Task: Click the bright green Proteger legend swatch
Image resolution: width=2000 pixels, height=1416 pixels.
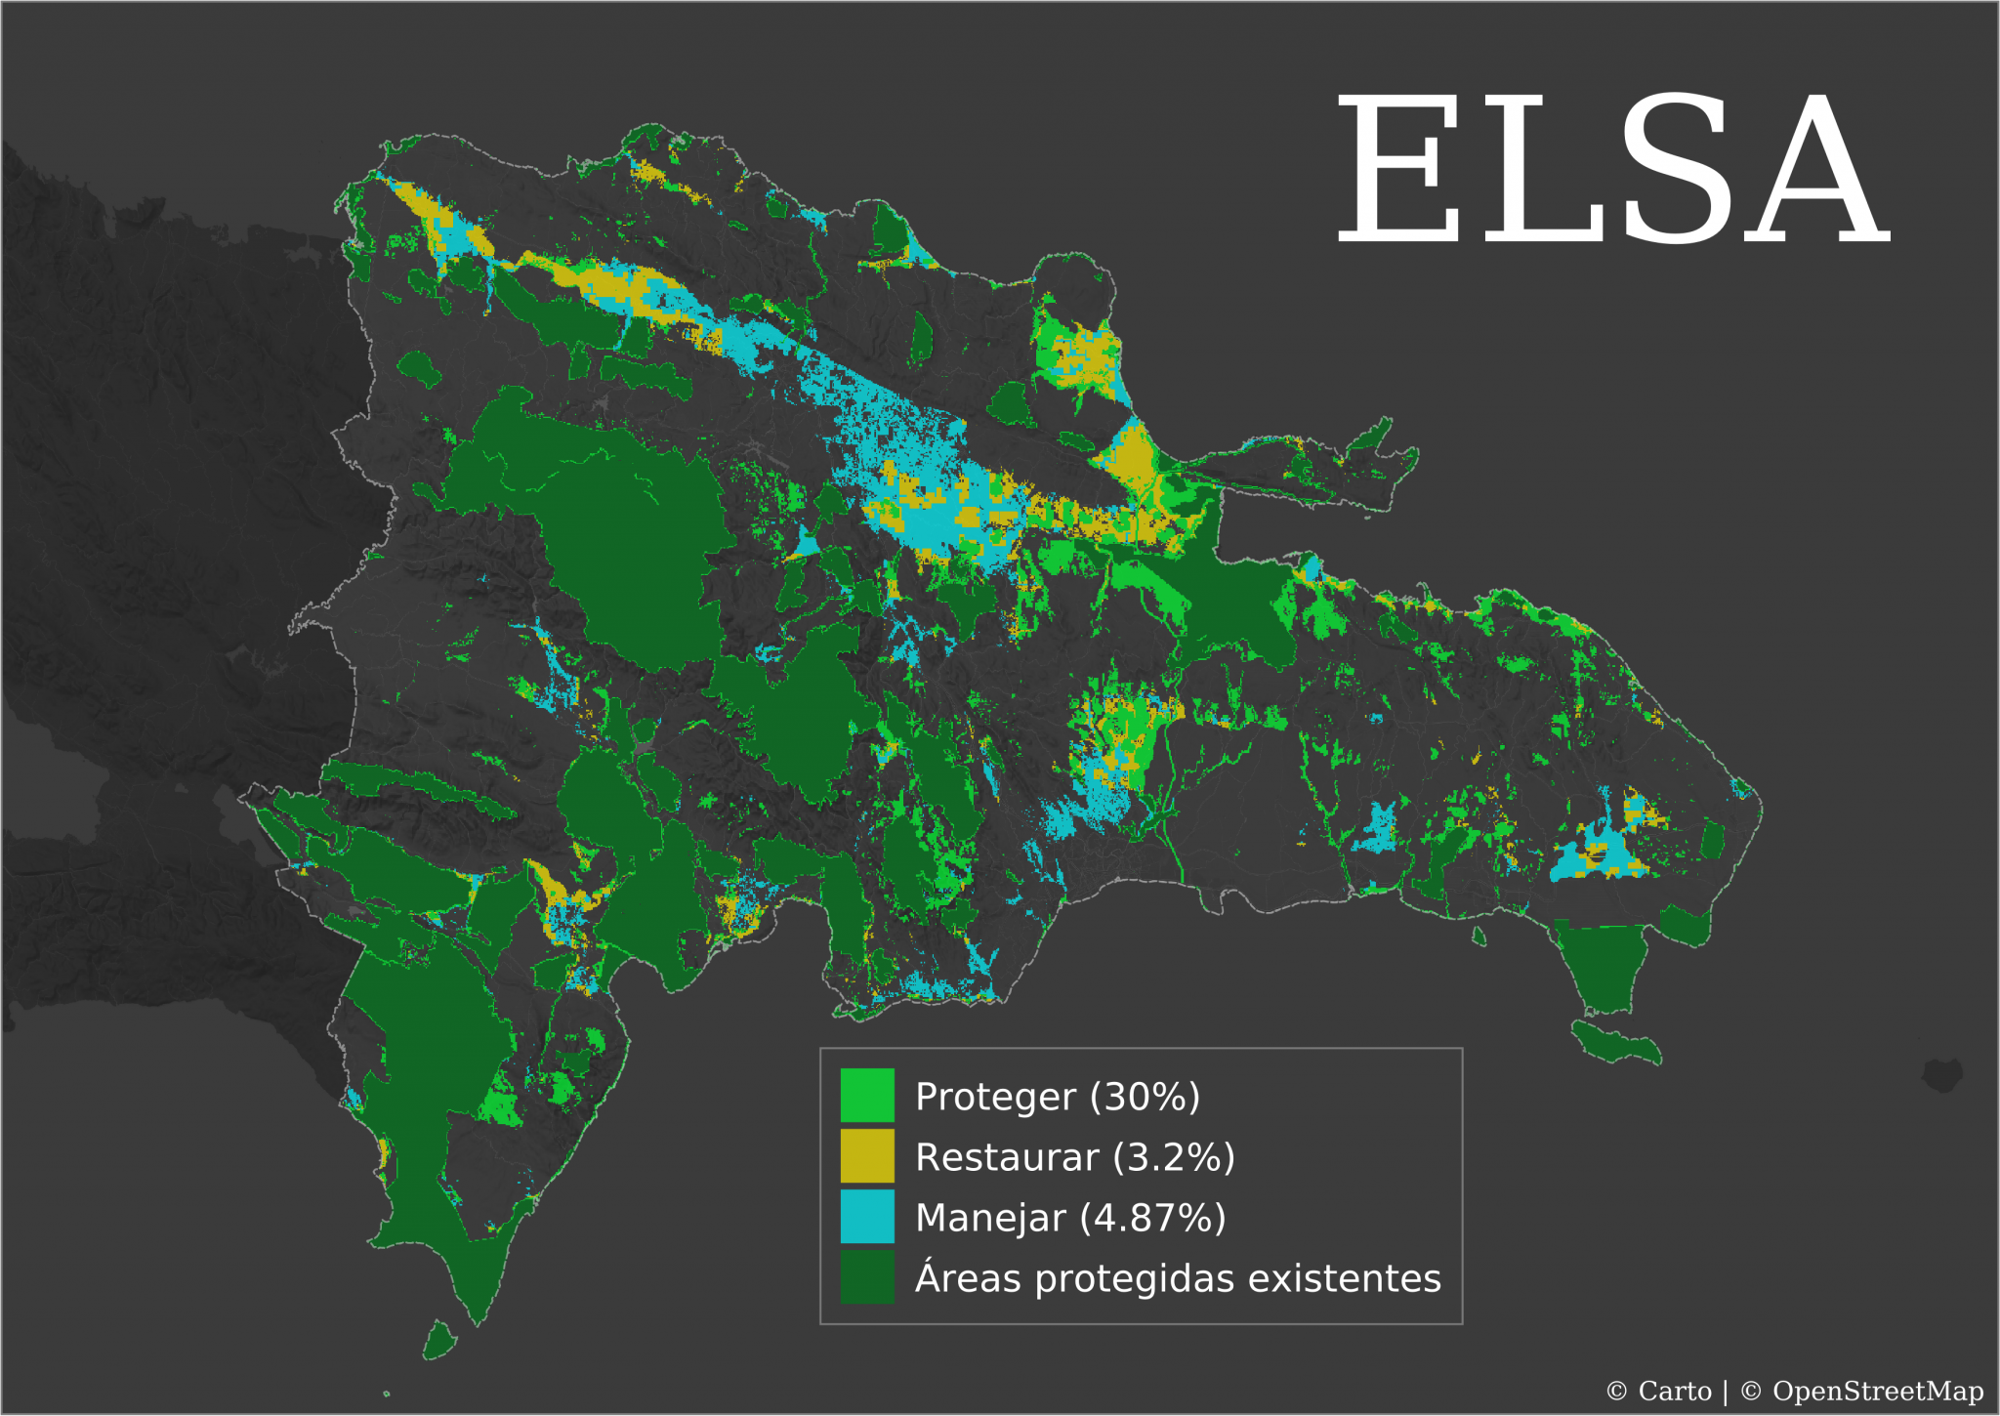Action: (x=867, y=1095)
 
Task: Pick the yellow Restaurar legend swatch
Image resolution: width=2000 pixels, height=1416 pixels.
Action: (x=867, y=1155)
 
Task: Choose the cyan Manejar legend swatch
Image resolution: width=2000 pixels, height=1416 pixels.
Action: (x=867, y=1216)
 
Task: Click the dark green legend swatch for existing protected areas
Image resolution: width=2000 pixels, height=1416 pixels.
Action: (x=867, y=1276)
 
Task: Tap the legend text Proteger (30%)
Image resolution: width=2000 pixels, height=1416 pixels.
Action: (x=1058, y=1097)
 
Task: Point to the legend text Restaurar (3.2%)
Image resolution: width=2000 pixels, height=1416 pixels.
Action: (x=1075, y=1157)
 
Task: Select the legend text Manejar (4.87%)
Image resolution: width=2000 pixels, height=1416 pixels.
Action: (x=1070, y=1218)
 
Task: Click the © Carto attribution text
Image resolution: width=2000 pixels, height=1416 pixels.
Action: (x=1658, y=1391)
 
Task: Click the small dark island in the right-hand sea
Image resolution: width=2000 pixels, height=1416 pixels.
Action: (x=1942, y=1074)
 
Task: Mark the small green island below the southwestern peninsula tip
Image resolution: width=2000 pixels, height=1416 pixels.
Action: (x=438, y=1340)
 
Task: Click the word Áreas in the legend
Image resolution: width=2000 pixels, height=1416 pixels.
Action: (x=968, y=1278)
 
